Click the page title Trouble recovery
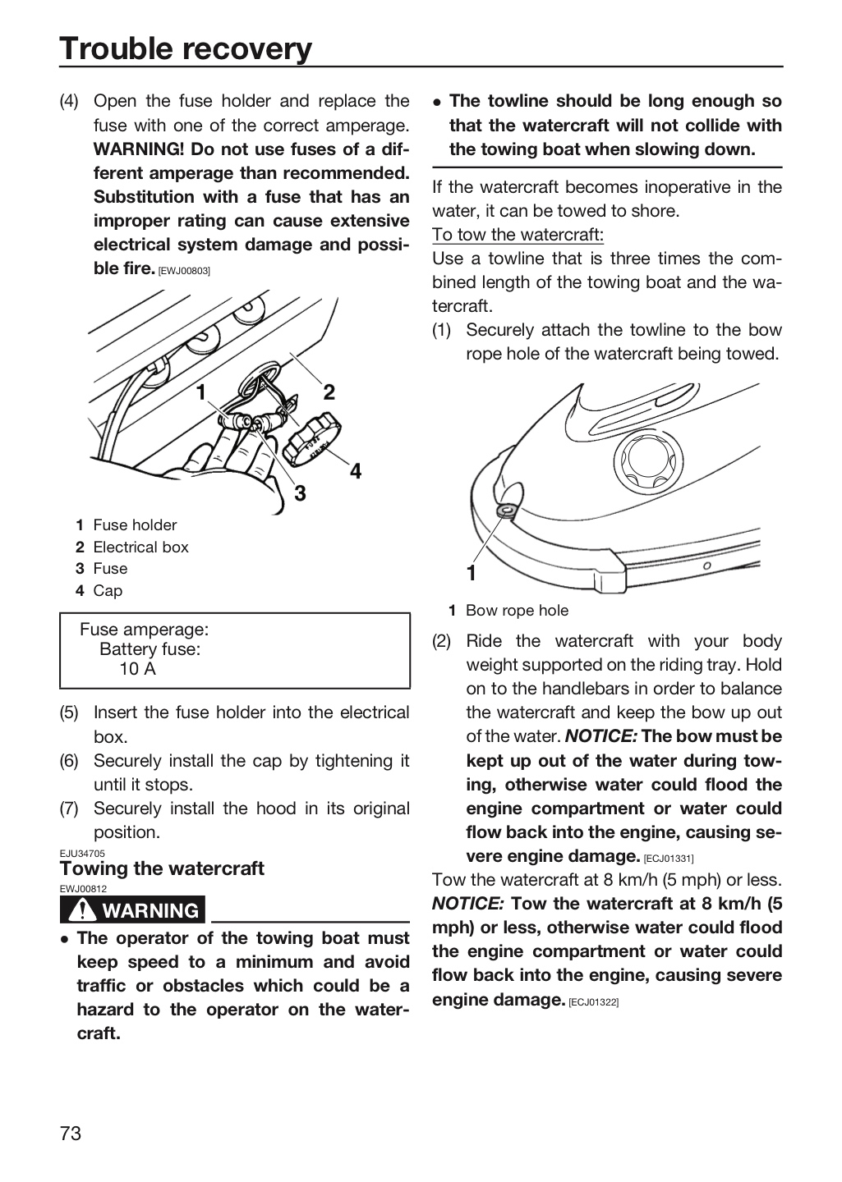186,48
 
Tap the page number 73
71,1133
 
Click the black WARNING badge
132,910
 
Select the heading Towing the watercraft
162,868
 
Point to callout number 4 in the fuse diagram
356,471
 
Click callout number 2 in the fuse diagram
329,392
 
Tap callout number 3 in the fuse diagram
300,493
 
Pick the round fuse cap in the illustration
312,441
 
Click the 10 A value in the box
137,669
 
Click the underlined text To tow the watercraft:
518,234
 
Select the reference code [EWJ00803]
184,271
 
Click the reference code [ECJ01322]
593,1002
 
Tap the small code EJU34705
82,854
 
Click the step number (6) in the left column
69,761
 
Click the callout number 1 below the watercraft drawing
472,573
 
